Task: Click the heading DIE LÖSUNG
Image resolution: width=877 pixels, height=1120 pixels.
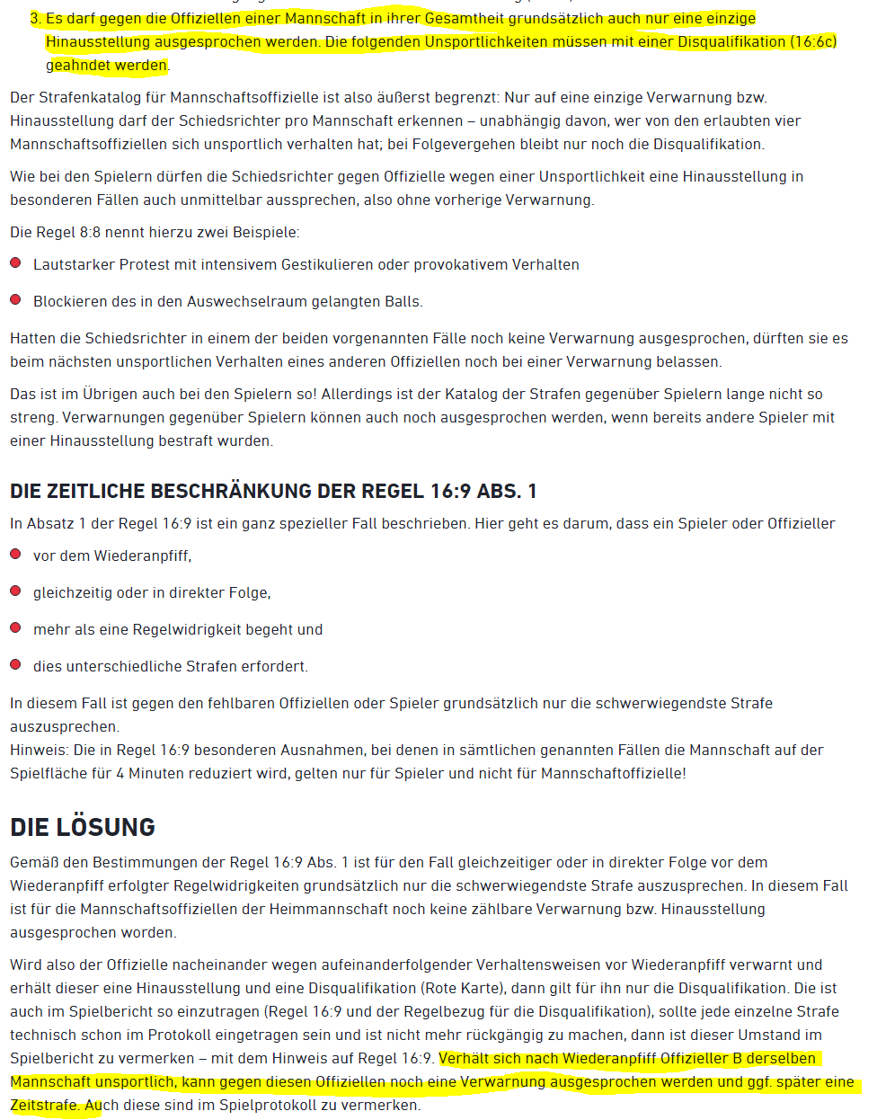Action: tap(83, 827)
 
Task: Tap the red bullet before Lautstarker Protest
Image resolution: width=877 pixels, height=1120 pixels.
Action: tap(15, 263)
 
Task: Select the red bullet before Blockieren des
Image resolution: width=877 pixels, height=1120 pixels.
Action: tap(15, 300)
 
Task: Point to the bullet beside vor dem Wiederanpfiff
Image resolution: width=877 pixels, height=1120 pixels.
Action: tap(15, 555)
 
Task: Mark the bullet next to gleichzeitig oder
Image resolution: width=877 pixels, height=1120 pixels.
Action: tap(15, 591)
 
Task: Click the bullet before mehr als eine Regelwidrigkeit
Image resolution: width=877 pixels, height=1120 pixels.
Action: tap(15, 628)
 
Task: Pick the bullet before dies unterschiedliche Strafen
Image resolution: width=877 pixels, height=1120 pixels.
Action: tap(15, 665)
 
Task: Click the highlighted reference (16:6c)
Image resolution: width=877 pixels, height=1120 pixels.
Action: tap(814, 41)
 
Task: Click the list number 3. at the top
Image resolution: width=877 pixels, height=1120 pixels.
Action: tap(36, 18)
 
